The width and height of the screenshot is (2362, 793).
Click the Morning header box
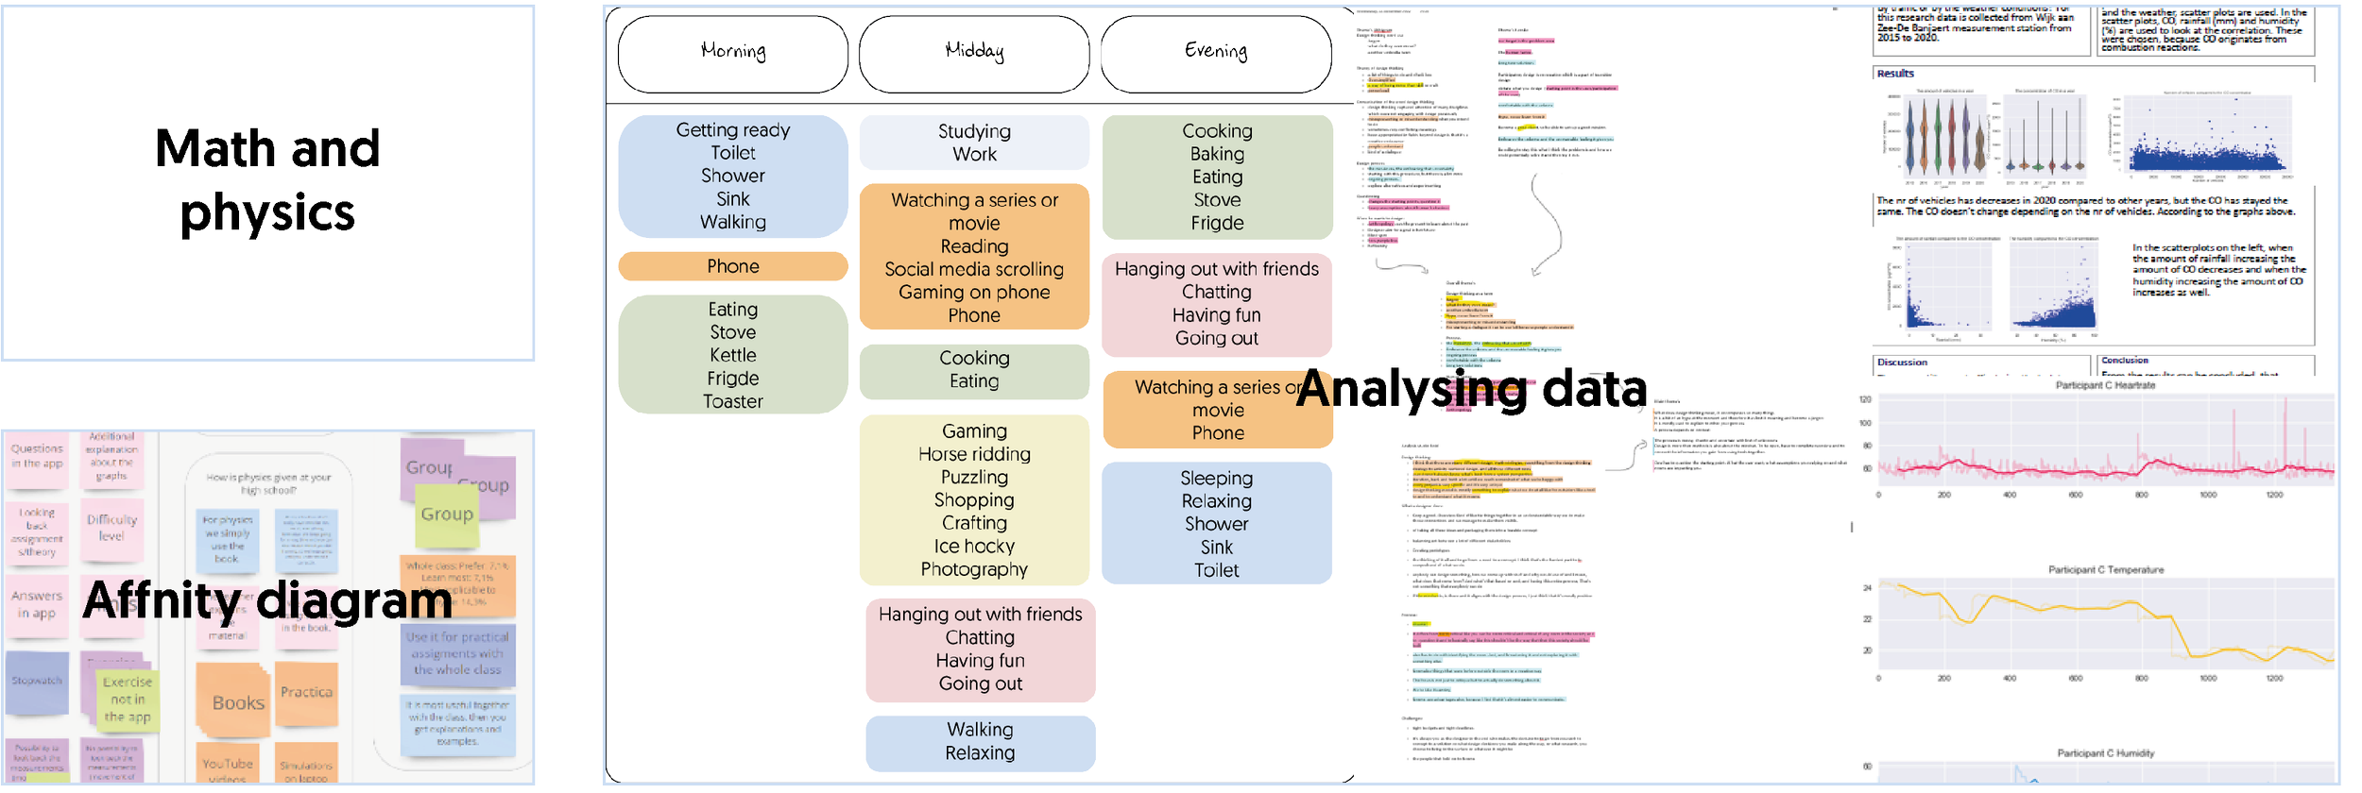pyautogui.click(x=733, y=53)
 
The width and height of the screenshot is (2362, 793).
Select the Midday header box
pyautogui.click(x=974, y=53)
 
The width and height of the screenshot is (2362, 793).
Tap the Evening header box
pyautogui.click(x=1216, y=53)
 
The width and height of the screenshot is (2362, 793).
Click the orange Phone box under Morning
pyautogui.click(x=733, y=266)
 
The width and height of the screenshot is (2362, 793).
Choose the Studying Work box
pyautogui.click(x=974, y=143)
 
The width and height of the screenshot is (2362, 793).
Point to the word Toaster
pyautogui.click(x=733, y=401)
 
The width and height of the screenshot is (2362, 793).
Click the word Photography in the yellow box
pyautogui.click(x=974, y=569)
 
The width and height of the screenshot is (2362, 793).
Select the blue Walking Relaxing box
pyautogui.click(x=981, y=741)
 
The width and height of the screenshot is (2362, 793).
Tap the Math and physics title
pyautogui.click(x=267, y=180)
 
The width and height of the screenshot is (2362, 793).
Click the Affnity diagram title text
pyautogui.click(x=267, y=600)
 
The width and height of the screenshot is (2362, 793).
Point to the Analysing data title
pyautogui.click(x=1471, y=389)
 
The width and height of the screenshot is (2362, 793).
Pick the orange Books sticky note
pyautogui.click(x=238, y=702)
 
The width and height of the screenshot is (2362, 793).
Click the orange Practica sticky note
pyautogui.click(x=306, y=692)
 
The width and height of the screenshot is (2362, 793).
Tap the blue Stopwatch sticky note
pyautogui.click(x=37, y=681)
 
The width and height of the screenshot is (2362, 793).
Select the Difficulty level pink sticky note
pyautogui.click(x=111, y=528)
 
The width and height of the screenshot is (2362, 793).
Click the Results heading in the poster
pyautogui.click(x=1895, y=74)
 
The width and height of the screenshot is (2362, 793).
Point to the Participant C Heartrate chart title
pyautogui.click(x=2106, y=385)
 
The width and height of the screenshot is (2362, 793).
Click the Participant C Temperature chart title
pyautogui.click(x=2106, y=570)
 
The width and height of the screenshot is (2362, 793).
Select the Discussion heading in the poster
pyautogui.click(x=1902, y=363)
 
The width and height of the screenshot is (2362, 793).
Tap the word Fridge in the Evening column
pyautogui.click(x=1217, y=223)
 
